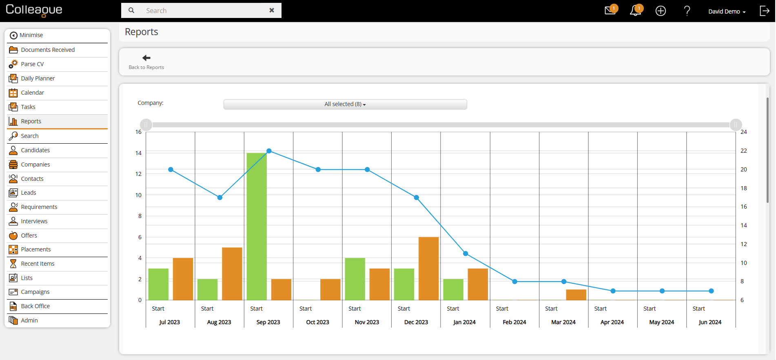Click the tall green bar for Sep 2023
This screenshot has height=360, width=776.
click(257, 227)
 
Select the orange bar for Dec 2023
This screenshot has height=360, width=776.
click(429, 269)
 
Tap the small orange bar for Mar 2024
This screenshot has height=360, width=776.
click(576, 295)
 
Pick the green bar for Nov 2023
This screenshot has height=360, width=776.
click(355, 279)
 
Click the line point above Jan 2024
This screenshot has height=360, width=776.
click(466, 253)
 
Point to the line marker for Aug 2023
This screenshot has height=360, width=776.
click(220, 198)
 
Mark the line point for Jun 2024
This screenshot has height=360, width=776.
click(711, 291)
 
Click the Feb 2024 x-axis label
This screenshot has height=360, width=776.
click(514, 322)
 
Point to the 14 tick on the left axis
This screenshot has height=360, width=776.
click(138, 153)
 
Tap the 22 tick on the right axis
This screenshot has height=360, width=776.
click(744, 151)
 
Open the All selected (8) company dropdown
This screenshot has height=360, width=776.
click(345, 104)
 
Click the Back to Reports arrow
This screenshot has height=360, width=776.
click(146, 58)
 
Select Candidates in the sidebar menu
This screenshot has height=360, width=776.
click(35, 150)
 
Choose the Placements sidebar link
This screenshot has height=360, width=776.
click(36, 249)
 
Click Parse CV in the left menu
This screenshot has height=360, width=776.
click(32, 64)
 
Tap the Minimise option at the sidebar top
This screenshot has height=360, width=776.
click(31, 35)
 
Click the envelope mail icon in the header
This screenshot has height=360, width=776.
click(610, 11)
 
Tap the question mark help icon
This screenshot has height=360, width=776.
click(687, 11)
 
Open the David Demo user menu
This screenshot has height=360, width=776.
click(727, 11)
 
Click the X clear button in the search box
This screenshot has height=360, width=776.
click(272, 10)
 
